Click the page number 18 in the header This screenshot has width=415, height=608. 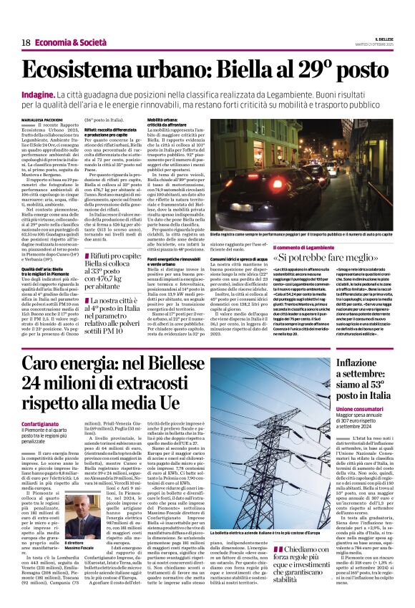25,43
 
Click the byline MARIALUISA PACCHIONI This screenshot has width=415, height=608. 44,120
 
